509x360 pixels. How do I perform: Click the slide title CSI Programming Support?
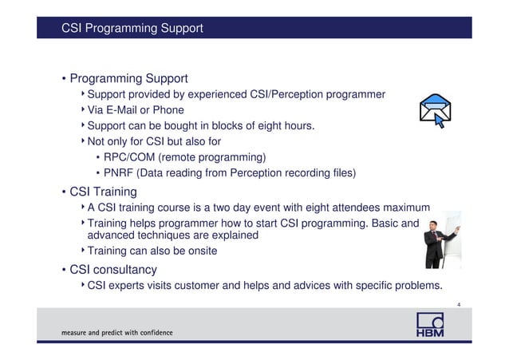click(x=132, y=29)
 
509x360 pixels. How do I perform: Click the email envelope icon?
click(x=436, y=113)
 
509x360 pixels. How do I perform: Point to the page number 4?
click(x=458, y=303)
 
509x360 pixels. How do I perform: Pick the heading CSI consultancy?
click(x=113, y=269)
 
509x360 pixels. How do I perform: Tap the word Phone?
click(x=168, y=110)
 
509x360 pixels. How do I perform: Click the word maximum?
click(x=407, y=209)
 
